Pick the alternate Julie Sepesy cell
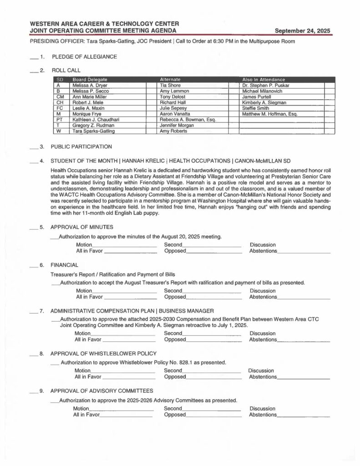[171, 108]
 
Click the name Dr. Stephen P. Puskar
[266, 85]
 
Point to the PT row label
[59, 120]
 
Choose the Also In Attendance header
[264, 80]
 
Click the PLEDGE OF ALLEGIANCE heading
[84, 57]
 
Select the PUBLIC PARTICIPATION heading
[81, 147]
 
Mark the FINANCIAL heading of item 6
[64, 264]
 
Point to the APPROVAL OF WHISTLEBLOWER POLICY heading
[103, 353]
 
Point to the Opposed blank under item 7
[213, 340]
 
